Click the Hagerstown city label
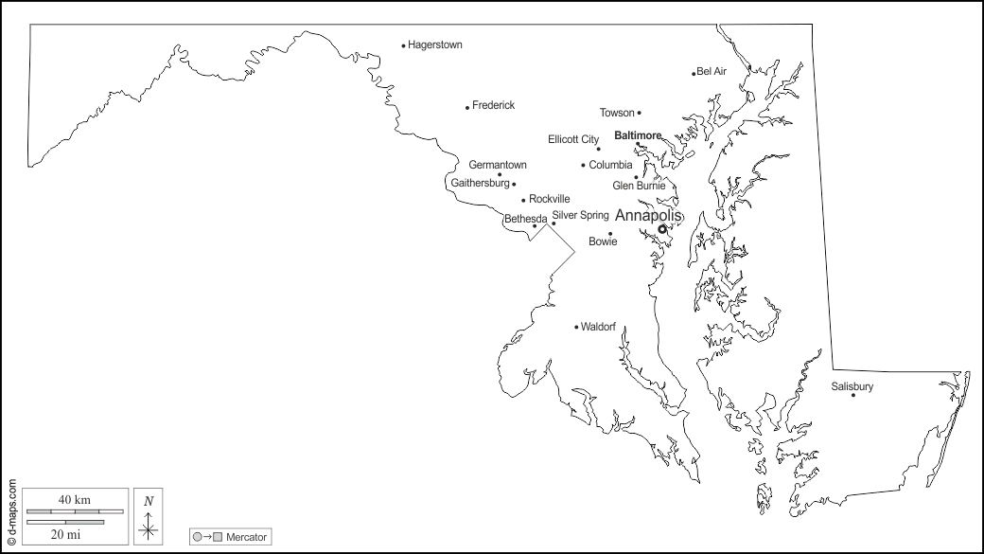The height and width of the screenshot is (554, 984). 434,45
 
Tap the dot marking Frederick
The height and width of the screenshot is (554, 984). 467,107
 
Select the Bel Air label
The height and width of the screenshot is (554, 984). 712,71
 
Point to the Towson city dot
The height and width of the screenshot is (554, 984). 639,113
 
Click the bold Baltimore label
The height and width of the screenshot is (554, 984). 638,135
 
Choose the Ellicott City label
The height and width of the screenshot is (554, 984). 573,139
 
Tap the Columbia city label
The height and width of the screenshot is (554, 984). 610,165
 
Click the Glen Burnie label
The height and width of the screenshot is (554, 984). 638,186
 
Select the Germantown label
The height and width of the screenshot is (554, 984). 498,165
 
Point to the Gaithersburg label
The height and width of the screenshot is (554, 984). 481,183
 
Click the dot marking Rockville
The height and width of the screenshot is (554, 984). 523,200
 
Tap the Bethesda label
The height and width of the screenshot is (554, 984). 525,219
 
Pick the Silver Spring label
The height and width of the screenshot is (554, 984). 580,215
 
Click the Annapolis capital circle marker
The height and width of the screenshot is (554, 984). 662,229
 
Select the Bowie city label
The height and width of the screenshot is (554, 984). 603,241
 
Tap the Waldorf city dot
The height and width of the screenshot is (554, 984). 576,327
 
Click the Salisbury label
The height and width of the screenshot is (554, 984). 852,386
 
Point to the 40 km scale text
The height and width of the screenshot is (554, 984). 74,499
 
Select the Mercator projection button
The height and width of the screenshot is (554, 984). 231,537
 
